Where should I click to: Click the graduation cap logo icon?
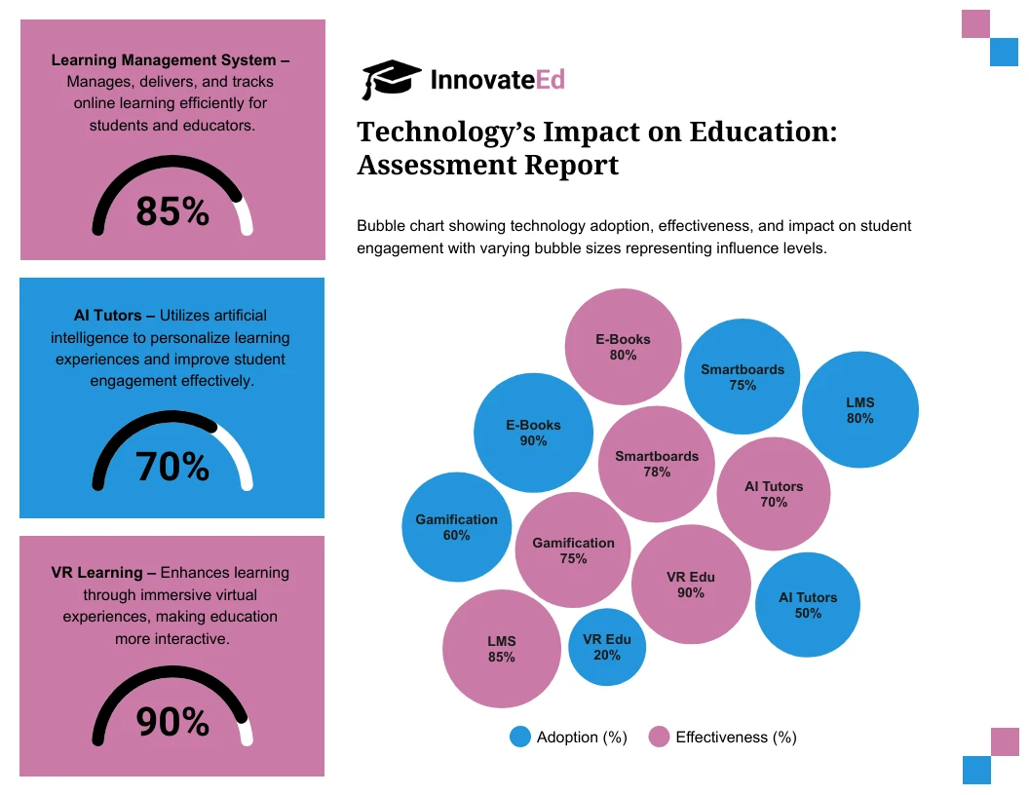click(391, 79)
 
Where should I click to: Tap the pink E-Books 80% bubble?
click(623, 348)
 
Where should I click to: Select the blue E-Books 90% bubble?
click(533, 434)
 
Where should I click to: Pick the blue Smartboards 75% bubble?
click(743, 377)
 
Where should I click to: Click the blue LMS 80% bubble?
click(859, 410)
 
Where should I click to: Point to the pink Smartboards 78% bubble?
click(657, 464)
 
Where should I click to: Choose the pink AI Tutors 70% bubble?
click(774, 494)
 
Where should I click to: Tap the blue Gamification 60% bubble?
click(456, 527)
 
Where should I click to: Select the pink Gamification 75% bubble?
click(573, 550)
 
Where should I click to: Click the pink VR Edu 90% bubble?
click(691, 585)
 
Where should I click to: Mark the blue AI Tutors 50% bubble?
click(808, 605)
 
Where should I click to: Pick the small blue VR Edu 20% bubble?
click(607, 647)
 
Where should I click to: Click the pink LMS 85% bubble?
click(501, 649)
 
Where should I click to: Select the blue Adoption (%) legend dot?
click(520, 738)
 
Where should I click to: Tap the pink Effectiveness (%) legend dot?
click(659, 738)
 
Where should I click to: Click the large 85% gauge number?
click(172, 211)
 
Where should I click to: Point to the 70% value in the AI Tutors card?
click(172, 468)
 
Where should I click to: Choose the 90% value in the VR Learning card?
click(172, 722)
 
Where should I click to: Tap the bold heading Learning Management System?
click(164, 60)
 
